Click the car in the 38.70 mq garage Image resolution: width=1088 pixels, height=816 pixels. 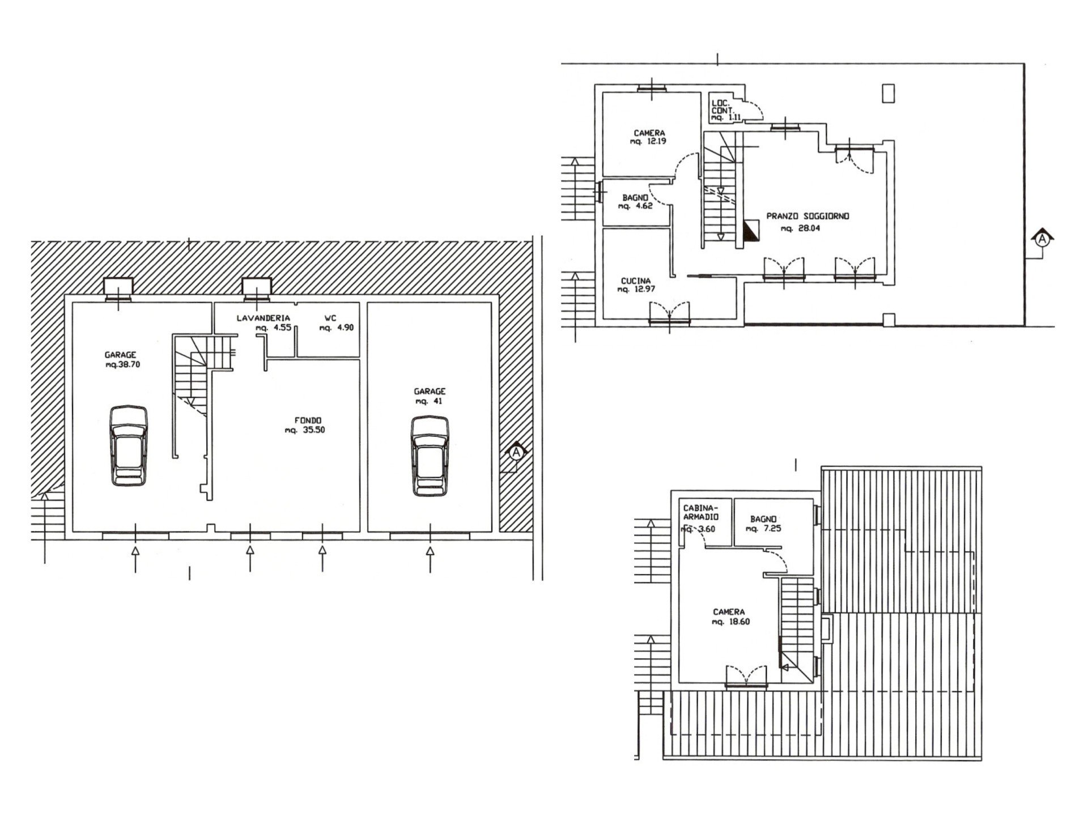point(129,445)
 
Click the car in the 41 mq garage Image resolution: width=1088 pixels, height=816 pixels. point(430,456)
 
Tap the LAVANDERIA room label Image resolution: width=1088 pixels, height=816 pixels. point(263,318)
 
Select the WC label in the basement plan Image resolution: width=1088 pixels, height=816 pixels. point(330,318)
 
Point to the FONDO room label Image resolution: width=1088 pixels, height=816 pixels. point(308,420)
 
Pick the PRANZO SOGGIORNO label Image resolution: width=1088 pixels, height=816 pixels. point(808,216)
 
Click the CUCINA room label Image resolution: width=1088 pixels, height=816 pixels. point(636,280)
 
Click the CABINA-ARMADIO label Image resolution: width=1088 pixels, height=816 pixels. point(701,513)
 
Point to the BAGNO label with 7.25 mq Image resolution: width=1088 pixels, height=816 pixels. point(763,519)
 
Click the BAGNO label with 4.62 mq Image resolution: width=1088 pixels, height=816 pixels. point(635,198)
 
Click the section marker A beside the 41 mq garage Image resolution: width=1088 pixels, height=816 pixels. point(516,452)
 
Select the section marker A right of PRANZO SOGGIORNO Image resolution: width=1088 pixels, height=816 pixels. point(1042,240)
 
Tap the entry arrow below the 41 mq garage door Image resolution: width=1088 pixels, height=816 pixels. point(430,559)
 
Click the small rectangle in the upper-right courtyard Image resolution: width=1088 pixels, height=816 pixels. point(889,93)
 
